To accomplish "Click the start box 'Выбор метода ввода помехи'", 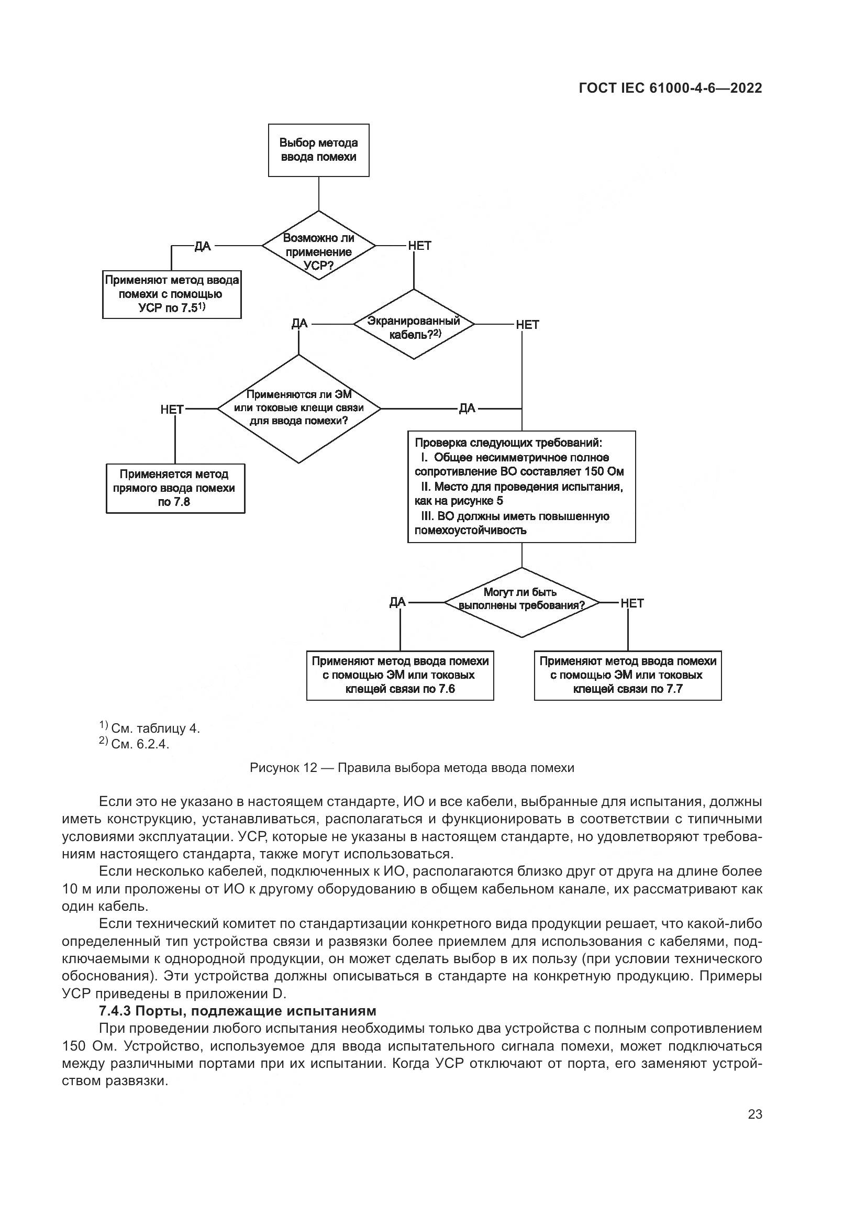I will pyautogui.click(x=318, y=150).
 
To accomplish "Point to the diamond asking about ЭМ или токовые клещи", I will pyautogui.click(x=298, y=409).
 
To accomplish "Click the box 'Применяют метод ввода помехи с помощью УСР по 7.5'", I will pyautogui.click(x=172, y=294).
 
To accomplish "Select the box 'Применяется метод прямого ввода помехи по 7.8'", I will pyautogui.click(x=175, y=488).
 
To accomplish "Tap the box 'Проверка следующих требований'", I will pyautogui.click(x=521, y=486).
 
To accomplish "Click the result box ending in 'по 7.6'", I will pyautogui.click(x=400, y=675).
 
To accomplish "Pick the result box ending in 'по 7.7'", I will pyautogui.click(x=628, y=675).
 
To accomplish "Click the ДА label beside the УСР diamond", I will pyautogui.click(x=203, y=246).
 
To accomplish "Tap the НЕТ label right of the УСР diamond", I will pyautogui.click(x=419, y=246).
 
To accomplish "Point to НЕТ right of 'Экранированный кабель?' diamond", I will pyautogui.click(x=527, y=324).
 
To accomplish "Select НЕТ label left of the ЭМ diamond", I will pyautogui.click(x=172, y=409).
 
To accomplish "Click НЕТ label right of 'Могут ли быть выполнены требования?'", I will pyautogui.click(x=632, y=603).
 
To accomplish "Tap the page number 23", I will pyautogui.click(x=754, y=1114).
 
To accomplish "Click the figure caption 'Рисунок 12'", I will pyautogui.click(x=412, y=768).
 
